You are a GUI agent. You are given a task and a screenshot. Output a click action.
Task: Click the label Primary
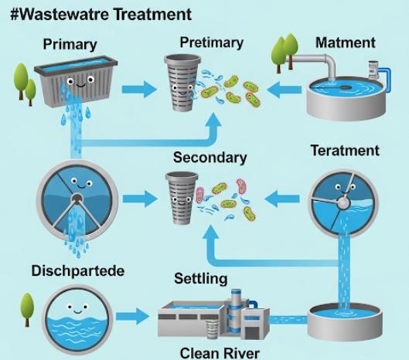pos(70,45)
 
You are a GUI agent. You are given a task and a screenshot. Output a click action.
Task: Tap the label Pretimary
pos(212,42)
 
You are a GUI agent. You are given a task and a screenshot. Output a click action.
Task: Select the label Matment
pos(346,42)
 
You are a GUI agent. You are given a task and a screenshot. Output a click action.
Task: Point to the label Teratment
pos(345,151)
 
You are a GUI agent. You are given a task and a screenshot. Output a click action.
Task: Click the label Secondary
pos(210,158)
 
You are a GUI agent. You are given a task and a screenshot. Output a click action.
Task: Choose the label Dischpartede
pos(78,271)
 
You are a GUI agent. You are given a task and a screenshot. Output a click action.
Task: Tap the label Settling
pos(200,279)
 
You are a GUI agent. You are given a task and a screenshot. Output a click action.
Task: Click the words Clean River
pos(220,353)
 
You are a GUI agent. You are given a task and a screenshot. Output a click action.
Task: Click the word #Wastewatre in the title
pos(60,15)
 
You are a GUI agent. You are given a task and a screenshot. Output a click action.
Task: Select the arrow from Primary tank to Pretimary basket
pos(139,90)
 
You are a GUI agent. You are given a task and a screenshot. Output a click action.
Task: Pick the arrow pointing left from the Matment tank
pos(284,90)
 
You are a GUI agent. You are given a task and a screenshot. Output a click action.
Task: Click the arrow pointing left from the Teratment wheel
pos(282,199)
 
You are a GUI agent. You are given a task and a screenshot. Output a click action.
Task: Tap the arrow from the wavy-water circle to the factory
pos(133,317)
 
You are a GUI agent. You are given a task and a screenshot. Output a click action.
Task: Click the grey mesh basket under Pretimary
pos(182,83)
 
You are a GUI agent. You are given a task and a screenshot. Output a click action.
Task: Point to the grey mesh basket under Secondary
pos(182,198)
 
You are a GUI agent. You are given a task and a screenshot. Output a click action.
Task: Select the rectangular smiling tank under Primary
pos(76,81)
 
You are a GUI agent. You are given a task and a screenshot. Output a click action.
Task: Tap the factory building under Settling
pos(213,315)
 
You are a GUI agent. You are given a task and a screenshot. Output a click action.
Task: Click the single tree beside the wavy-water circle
pos(27,310)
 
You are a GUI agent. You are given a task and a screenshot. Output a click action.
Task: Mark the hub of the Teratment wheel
pos(343,202)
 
